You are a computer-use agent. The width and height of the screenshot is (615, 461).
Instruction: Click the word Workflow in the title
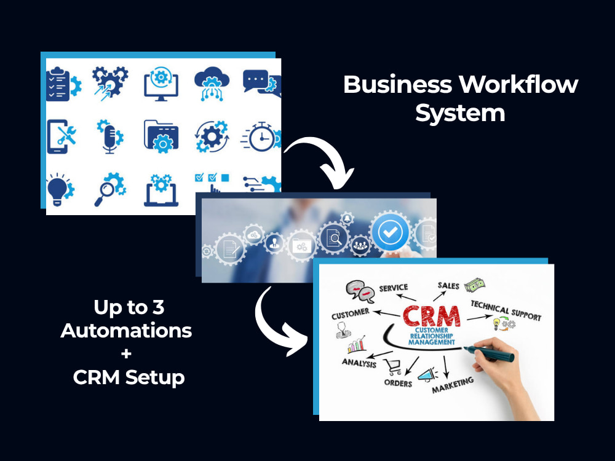click(x=519, y=84)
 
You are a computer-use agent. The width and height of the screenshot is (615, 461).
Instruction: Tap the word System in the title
click(x=460, y=114)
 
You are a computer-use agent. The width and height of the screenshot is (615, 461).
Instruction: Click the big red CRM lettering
click(x=432, y=317)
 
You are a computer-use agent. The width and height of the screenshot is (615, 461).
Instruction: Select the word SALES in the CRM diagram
click(x=448, y=286)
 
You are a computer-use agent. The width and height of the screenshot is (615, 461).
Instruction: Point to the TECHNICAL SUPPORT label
click(x=506, y=310)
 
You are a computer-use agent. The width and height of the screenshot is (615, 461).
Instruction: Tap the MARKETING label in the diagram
click(x=453, y=385)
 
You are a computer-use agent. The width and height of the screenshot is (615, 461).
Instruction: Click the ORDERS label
click(x=398, y=383)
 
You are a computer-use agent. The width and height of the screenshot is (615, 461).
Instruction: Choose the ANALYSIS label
click(x=359, y=363)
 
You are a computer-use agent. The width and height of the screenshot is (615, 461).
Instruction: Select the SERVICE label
click(x=394, y=288)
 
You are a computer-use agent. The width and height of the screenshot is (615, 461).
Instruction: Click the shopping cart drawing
click(x=392, y=367)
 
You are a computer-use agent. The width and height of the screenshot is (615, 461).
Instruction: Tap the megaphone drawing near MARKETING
click(x=427, y=375)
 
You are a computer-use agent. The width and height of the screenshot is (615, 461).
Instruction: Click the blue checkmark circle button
click(x=390, y=232)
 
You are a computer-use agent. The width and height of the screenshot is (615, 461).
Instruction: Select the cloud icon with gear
click(x=212, y=83)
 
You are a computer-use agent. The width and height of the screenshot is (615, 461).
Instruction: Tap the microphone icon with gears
click(x=110, y=136)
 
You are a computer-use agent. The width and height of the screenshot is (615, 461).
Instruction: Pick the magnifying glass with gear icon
click(x=110, y=189)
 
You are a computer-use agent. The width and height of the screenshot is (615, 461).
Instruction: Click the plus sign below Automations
click(x=126, y=354)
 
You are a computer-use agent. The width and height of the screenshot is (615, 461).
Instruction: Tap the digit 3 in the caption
click(x=158, y=307)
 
